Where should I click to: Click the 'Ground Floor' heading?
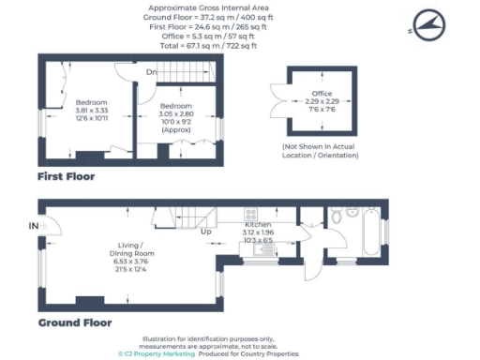[75, 322]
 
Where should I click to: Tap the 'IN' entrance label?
[34, 226]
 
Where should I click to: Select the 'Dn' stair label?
[150, 71]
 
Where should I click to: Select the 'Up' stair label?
[205, 231]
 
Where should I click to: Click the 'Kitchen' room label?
[258, 226]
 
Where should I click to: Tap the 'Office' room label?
[322, 94]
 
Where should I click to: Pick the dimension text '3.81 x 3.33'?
[91, 110]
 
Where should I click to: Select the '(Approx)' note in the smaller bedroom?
[175, 129]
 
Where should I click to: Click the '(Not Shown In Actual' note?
[321, 147]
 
